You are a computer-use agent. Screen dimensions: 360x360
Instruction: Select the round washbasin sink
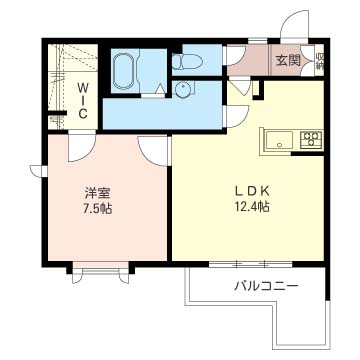(183, 91)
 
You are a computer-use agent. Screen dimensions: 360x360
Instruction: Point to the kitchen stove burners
(310, 139)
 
